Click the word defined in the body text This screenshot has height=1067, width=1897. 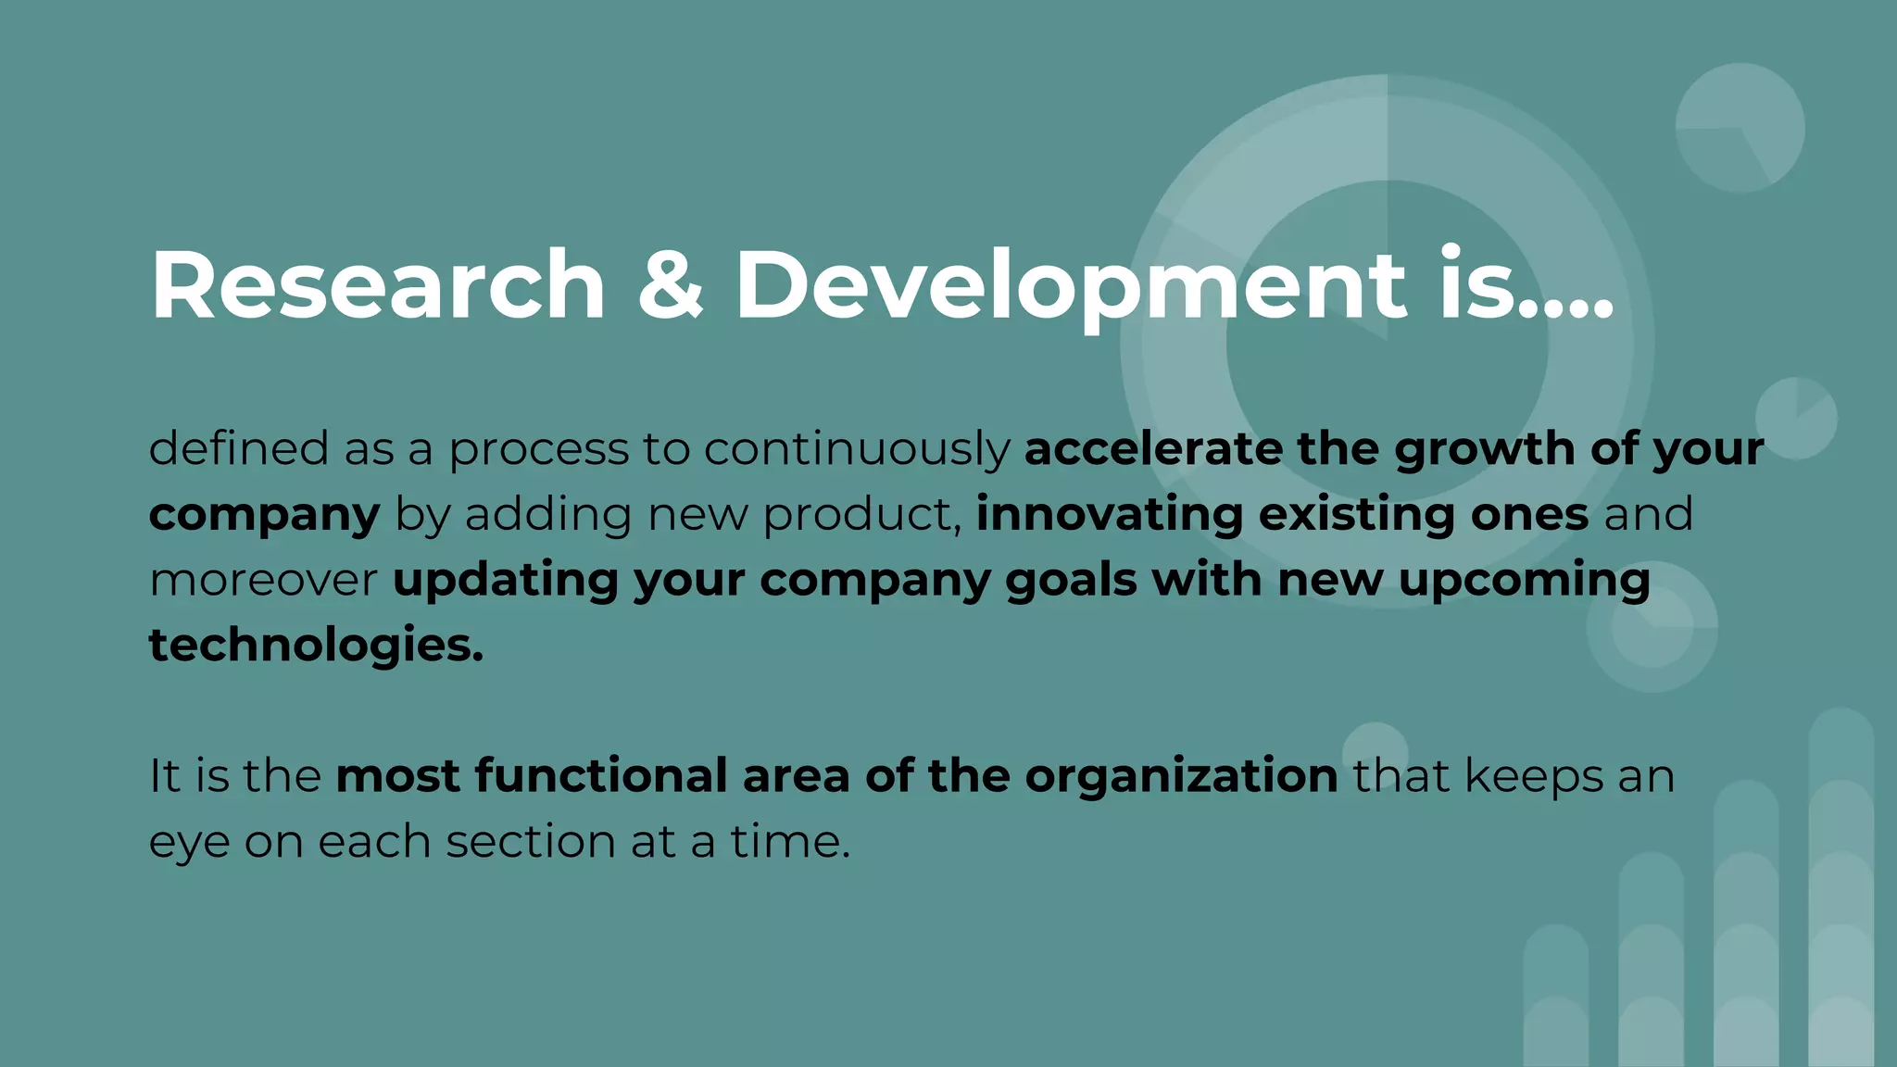(x=238, y=448)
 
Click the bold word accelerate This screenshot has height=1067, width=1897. (x=1153, y=448)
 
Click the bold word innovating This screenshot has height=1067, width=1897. (x=1110, y=515)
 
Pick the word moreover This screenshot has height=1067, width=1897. (x=263, y=581)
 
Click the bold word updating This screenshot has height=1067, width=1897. (x=505, y=582)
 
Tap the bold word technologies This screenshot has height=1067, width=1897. (x=316, y=646)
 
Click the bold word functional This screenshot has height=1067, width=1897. (x=601, y=776)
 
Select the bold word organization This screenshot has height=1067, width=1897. (x=1181, y=777)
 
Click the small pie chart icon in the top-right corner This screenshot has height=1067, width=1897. (x=1740, y=128)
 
